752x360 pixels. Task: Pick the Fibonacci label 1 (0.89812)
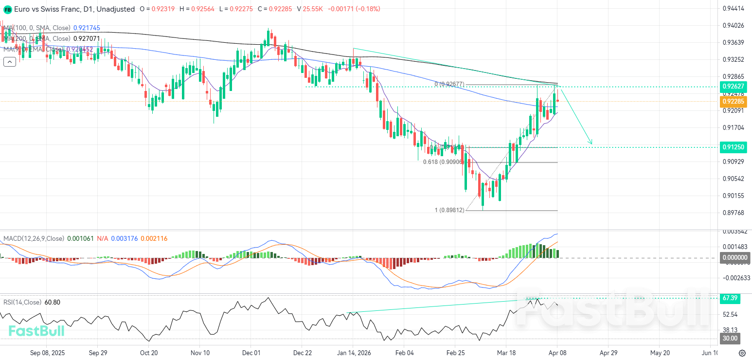pyautogui.click(x=449, y=210)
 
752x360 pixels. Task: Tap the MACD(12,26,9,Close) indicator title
pyautogui.click(x=34, y=238)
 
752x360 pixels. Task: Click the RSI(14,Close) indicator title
pyautogui.click(x=23, y=302)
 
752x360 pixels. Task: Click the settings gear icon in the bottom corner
pyautogui.click(x=742, y=353)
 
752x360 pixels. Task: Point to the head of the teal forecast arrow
pyautogui.click(x=591, y=144)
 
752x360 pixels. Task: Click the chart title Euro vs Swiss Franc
pyautogui.click(x=46, y=9)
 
